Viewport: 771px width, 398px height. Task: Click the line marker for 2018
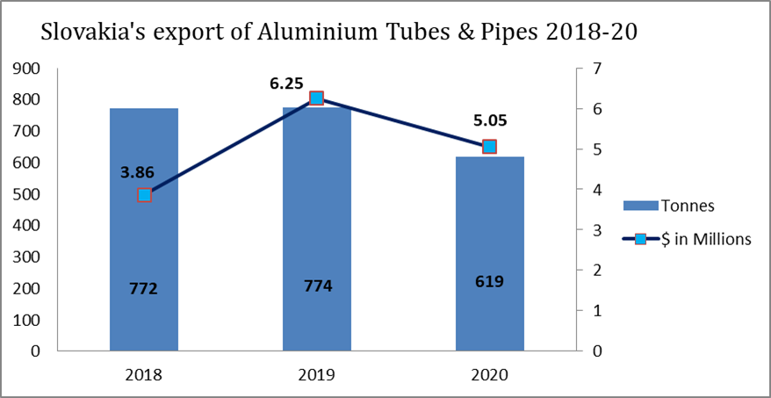point(145,195)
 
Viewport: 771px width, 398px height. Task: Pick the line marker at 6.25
point(317,98)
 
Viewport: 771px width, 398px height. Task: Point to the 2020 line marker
point(489,147)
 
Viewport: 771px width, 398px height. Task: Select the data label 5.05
point(489,122)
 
